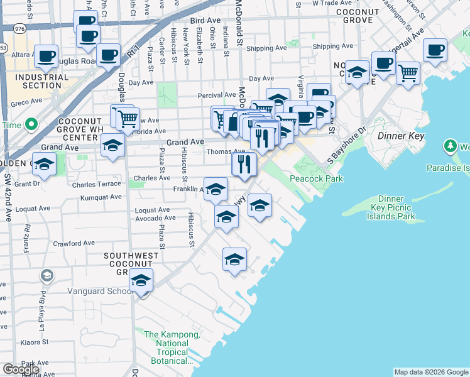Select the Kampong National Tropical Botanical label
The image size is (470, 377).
pos(172,347)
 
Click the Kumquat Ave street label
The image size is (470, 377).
pos(101,197)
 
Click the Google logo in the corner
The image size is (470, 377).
pos(21,369)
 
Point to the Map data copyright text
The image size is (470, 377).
pos(431,372)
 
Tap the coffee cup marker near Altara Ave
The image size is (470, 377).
pos(46,56)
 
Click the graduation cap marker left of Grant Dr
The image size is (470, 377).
pos(44,165)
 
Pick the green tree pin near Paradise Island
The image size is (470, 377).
pos(450,147)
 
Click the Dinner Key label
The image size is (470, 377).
pos(401,136)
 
